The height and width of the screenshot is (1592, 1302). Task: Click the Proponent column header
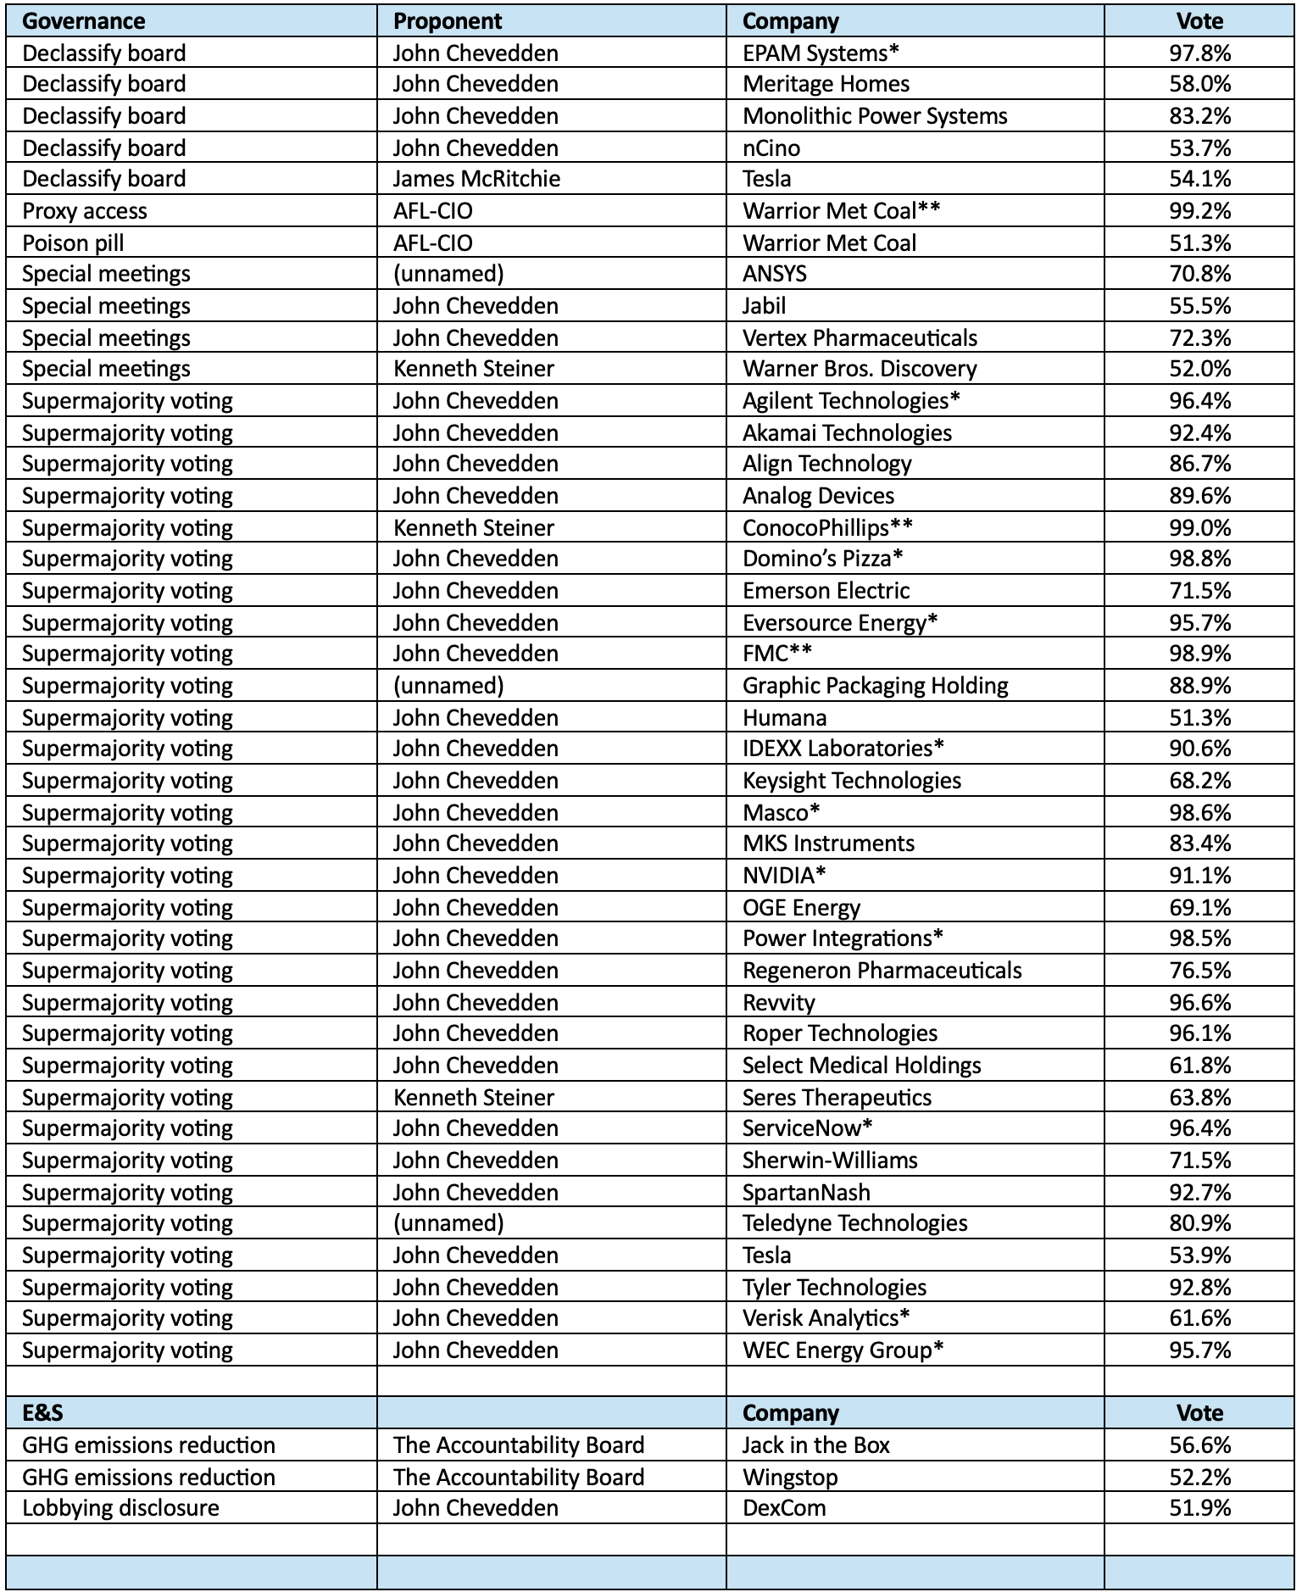pyautogui.click(x=448, y=21)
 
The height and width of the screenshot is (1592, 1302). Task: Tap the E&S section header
pyautogui.click(x=42, y=1412)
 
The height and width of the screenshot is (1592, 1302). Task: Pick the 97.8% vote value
pyautogui.click(x=1199, y=53)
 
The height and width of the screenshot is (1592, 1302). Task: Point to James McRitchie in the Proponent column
pyautogui.click(x=476, y=179)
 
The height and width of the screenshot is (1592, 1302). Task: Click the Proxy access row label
pyautogui.click(x=85, y=211)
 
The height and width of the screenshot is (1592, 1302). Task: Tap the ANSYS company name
pyautogui.click(x=775, y=274)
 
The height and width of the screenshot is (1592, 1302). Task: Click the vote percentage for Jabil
pyautogui.click(x=1199, y=306)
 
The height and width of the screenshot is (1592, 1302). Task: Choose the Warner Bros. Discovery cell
pyautogui.click(x=860, y=369)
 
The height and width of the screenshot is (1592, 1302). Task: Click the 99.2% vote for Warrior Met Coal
pyautogui.click(x=1199, y=211)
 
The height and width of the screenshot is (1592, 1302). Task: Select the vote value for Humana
pyautogui.click(x=1199, y=718)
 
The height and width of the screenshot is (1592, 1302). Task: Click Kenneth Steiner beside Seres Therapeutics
pyautogui.click(x=473, y=1098)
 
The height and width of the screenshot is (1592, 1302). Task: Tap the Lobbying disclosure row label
pyautogui.click(x=120, y=1508)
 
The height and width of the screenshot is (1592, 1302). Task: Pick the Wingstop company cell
pyautogui.click(x=790, y=1478)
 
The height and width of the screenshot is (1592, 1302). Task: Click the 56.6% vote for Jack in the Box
pyautogui.click(x=1199, y=1445)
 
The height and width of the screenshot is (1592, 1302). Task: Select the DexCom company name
pyautogui.click(x=784, y=1508)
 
